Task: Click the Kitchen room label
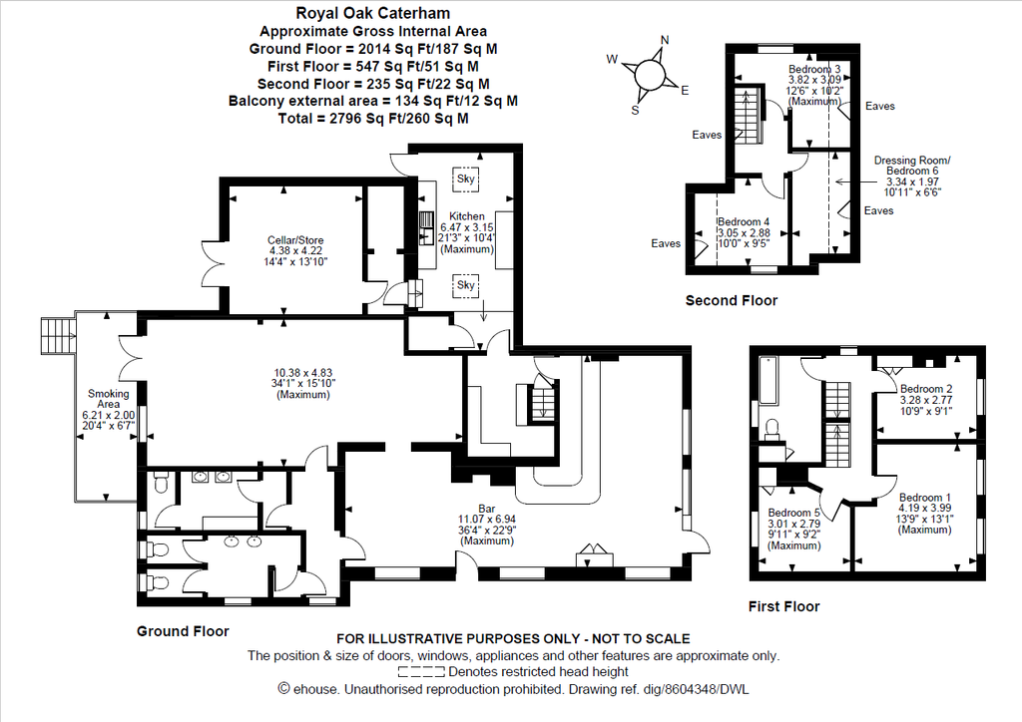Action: (467, 216)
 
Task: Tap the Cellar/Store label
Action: (295, 240)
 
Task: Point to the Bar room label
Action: (486, 509)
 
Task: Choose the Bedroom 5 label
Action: (793, 513)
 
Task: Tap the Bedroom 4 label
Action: (743, 222)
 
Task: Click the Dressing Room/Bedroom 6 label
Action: (912, 166)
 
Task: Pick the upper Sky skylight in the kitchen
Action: (465, 179)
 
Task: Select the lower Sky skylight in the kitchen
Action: (465, 285)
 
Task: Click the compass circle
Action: (649, 74)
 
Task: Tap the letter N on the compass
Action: (665, 40)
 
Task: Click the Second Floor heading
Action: (732, 301)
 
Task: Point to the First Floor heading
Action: (783, 606)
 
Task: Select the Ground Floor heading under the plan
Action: (183, 631)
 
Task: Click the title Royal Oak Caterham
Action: (373, 13)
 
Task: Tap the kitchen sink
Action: (426, 227)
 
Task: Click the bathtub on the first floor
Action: (767, 380)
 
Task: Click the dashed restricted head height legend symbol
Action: (421, 672)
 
